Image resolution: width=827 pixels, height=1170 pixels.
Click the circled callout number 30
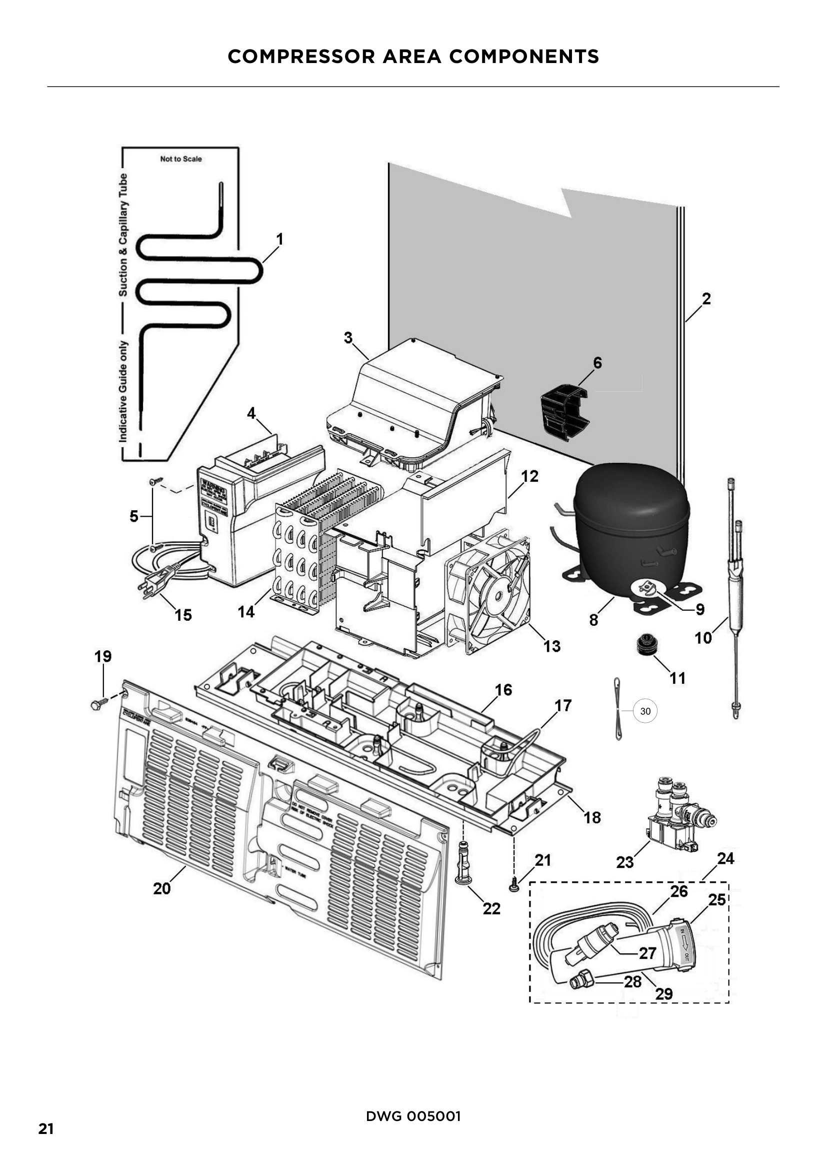tap(645, 711)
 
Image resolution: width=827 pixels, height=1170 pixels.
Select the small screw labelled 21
tap(513, 888)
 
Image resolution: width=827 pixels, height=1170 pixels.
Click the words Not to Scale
tap(181, 159)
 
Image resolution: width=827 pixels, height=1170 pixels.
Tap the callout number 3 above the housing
tap(348, 337)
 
